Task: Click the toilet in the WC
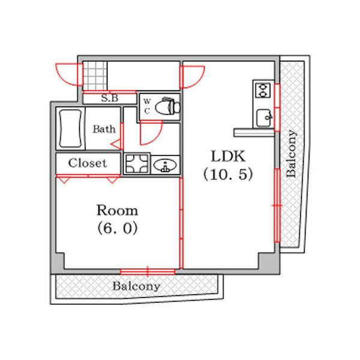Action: [167, 106]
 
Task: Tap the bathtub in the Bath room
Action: [70, 128]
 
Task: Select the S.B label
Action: [110, 98]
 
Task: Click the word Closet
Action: [88, 163]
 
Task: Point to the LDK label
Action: [228, 157]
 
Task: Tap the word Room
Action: [117, 210]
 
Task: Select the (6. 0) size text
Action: [118, 229]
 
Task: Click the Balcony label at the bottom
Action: [136, 286]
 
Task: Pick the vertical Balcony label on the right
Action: [291, 154]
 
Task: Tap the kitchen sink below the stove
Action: [264, 118]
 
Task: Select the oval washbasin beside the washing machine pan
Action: [165, 166]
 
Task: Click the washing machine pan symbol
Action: [137, 164]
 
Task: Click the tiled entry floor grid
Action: [95, 76]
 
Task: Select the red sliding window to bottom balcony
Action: [148, 272]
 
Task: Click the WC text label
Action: [147, 106]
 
